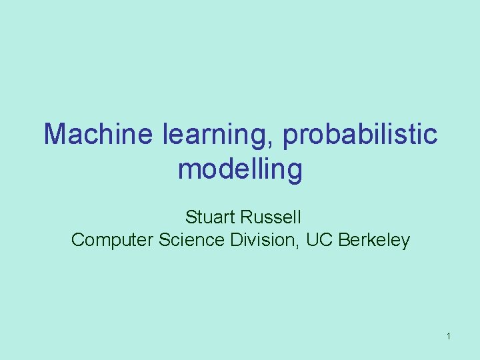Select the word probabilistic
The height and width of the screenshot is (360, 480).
click(x=360, y=136)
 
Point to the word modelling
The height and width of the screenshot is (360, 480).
click(x=240, y=169)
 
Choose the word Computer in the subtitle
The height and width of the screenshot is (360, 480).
click(x=112, y=240)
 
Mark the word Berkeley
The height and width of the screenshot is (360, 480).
click(x=375, y=240)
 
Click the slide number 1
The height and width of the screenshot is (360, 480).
click(x=449, y=337)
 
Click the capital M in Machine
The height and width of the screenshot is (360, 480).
click(x=55, y=135)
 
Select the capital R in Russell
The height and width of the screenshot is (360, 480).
click(x=247, y=217)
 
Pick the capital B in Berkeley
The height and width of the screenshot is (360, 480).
click(x=344, y=240)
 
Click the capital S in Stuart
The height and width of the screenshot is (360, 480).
click(x=191, y=217)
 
